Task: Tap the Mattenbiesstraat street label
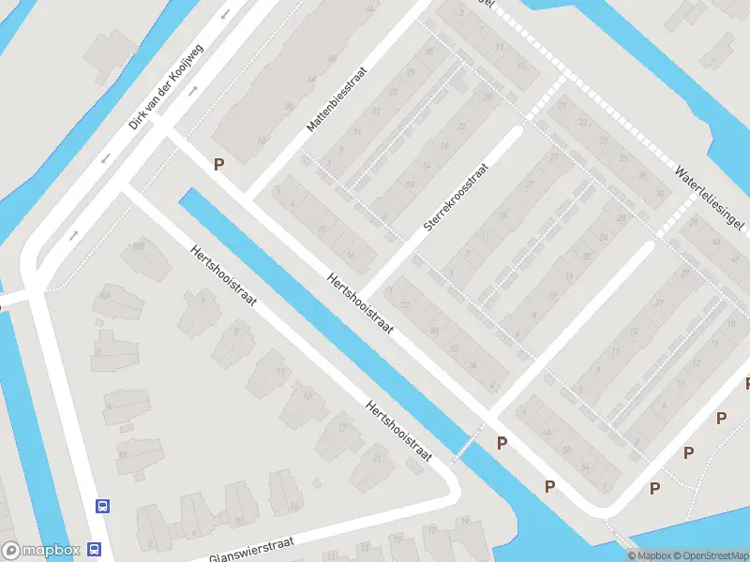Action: pyautogui.click(x=335, y=98)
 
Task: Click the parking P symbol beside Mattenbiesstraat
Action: pyautogui.click(x=219, y=164)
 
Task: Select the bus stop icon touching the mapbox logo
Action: pyautogui.click(x=96, y=549)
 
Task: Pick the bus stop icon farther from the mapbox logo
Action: pyautogui.click(x=102, y=507)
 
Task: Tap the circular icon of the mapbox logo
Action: pyautogui.click(x=11, y=551)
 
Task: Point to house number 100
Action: pyautogui.click(x=140, y=245)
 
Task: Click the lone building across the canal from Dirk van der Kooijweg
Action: pyautogui.click(x=111, y=56)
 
